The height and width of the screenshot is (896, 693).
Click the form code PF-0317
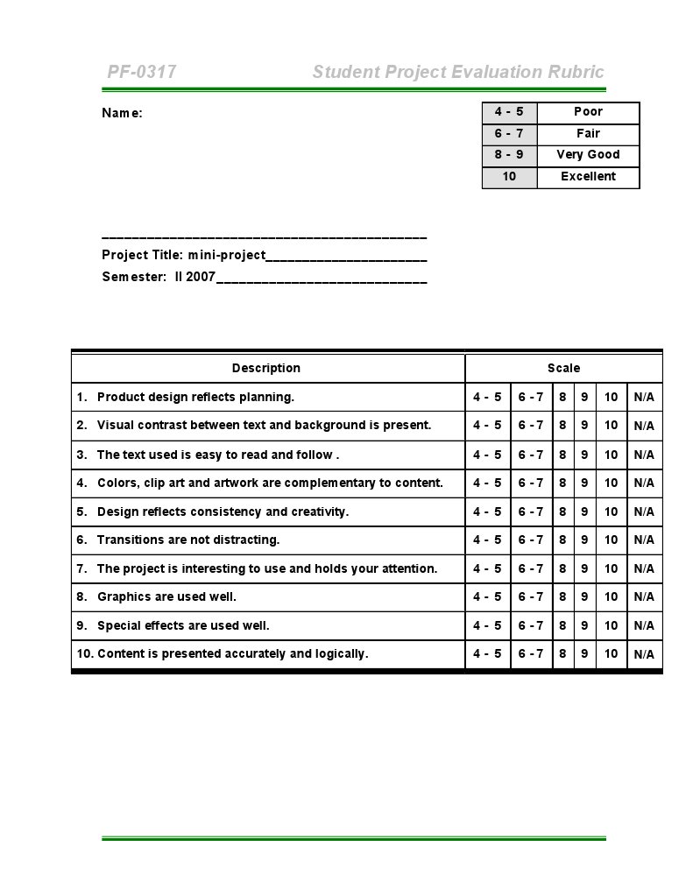(x=142, y=72)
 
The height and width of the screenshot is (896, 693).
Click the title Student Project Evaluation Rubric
(x=457, y=72)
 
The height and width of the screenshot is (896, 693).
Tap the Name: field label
(x=122, y=113)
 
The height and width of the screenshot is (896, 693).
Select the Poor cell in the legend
(x=588, y=112)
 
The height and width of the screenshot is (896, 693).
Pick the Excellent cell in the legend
(x=588, y=177)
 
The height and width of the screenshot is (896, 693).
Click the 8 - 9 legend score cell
(x=509, y=155)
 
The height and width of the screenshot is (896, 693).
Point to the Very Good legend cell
(x=588, y=155)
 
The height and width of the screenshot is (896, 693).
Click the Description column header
(x=266, y=369)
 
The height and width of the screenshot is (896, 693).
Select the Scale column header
(x=563, y=369)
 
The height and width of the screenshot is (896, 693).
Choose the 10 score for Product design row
(x=611, y=398)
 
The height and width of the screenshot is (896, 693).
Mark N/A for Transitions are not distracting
(x=644, y=540)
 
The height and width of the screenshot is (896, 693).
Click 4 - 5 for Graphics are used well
(x=487, y=597)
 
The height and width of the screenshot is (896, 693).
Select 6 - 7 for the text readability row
(x=531, y=455)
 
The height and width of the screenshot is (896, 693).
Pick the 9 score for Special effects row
(x=584, y=626)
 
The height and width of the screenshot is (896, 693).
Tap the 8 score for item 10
(x=562, y=654)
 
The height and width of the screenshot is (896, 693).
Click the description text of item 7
(x=266, y=569)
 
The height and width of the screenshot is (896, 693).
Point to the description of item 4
(x=269, y=483)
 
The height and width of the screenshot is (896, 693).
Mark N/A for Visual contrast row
(x=644, y=427)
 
